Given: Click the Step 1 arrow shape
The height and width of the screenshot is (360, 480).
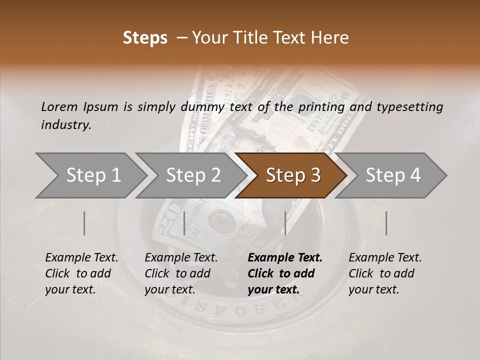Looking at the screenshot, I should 92,175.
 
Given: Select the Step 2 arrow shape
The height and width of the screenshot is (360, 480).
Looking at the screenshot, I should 193,175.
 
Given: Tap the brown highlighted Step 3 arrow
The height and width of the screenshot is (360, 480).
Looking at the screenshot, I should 292,175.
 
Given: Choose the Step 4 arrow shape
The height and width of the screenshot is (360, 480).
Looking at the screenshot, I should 393,175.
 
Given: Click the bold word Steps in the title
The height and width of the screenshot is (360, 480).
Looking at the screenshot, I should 145,38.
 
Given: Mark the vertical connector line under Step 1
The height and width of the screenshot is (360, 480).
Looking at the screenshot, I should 84,223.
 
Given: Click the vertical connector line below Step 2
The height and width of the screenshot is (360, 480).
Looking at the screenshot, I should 184,223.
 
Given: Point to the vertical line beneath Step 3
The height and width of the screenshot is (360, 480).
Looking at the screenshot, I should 285,223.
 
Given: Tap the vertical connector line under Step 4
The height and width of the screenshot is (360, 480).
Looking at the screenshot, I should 386,223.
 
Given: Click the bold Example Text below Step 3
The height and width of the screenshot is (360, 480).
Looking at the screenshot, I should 285,258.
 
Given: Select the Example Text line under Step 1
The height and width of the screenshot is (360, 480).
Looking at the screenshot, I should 81,258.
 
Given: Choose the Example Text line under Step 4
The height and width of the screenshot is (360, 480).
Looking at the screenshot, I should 385,258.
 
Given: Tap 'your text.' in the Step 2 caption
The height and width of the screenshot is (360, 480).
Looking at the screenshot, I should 170,289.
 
